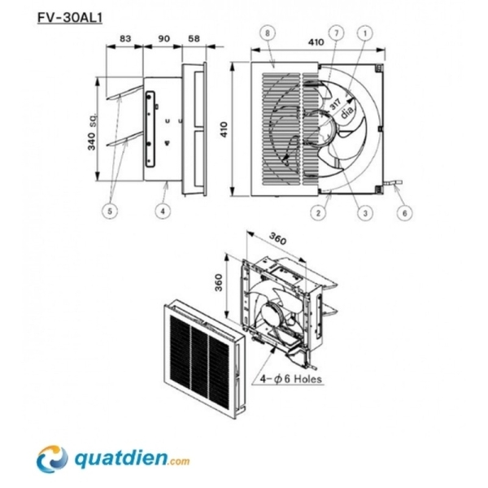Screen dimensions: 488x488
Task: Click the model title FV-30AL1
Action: pyautogui.click(x=70, y=18)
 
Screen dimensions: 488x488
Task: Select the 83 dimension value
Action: pyautogui.click(x=125, y=38)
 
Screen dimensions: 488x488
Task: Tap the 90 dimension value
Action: pyautogui.click(x=164, y=38)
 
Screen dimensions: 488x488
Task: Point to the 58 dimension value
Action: pyautogui.click(x=194, y=38)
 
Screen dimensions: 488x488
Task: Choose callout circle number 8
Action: pyautogui.click(x=268, y=33)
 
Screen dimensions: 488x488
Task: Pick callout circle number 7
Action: pyautogui.click(x=336, y=33)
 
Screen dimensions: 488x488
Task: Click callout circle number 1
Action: pyautogui.click(x=365, y=33)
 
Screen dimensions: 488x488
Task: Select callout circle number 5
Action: pyautogui.click(x=110, y=211)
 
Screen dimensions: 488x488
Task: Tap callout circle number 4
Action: pyautogui.click(x=163, y=211)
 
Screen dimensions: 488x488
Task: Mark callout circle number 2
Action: pyautogui.click(x=318, y=213)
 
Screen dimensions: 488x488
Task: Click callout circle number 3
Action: pyautogui.click(x=365, y=213)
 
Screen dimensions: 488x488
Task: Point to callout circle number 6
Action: pyautogui.click(x=404, y=213)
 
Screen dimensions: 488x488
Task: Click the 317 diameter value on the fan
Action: pyautogui.click(x=335, y=104)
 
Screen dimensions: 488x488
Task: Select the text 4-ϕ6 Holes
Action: pyautogui.click(x=291, y=379)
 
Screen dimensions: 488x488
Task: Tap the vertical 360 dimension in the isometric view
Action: pyautogui.click(x=219, y=282)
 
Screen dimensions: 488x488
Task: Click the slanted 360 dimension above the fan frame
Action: pyautogui.click(x=277, y=239)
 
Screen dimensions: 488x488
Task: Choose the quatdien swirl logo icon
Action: pyautogui.click(x=52, y=459)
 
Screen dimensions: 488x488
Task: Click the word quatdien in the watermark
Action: pyautogui.click(x=121, y=460)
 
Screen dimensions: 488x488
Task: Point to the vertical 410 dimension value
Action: pyautogui.click(x=224, y=129)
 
